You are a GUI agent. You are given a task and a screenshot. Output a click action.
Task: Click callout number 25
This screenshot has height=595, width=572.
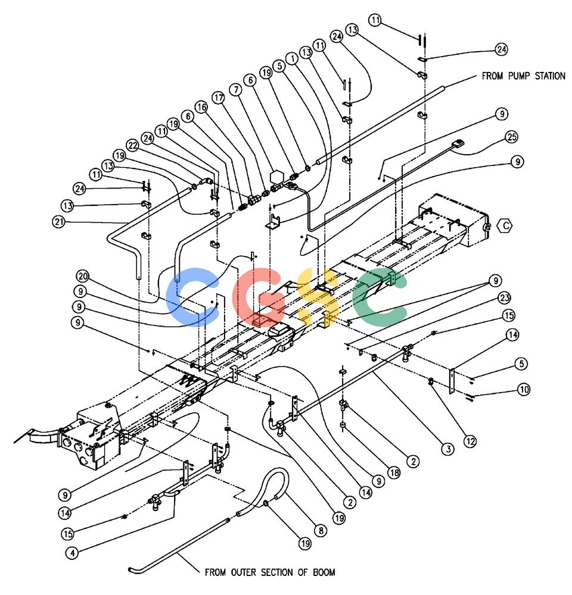(512, 137)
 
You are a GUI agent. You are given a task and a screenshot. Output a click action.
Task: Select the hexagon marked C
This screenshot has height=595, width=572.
(505, 226)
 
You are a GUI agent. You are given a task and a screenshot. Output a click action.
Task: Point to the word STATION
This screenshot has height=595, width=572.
(550, 76)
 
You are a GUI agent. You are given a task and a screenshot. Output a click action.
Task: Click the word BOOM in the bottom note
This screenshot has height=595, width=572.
(324, 572)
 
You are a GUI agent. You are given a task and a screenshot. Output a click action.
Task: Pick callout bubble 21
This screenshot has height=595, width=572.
(59, 221)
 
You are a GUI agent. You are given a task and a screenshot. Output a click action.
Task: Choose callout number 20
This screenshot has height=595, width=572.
(82, 276)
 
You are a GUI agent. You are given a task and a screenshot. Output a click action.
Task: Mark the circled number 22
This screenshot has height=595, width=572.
(132, 145)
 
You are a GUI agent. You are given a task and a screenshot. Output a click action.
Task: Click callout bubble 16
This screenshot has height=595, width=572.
(201, 107)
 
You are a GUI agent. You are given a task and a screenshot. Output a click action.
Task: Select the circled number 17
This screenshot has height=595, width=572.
(218, 98)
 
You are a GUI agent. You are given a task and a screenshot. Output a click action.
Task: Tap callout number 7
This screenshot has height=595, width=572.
(235, 90)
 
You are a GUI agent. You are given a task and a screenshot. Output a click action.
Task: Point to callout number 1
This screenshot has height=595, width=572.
(293, 58)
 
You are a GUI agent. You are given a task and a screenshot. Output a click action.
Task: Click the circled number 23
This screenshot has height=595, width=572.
(504, 298)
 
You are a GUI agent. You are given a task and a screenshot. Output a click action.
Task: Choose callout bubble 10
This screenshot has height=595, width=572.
(524, 389)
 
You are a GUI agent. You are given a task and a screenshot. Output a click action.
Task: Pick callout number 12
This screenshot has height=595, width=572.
(470, 441)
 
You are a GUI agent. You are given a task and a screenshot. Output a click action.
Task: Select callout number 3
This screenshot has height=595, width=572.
(448, 449)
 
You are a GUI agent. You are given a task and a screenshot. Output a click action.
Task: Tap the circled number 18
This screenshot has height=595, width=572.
(394, 473)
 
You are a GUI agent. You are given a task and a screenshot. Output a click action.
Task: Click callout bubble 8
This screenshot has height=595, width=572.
(321, 531)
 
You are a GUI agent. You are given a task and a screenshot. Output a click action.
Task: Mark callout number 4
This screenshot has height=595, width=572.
(72, 553)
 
